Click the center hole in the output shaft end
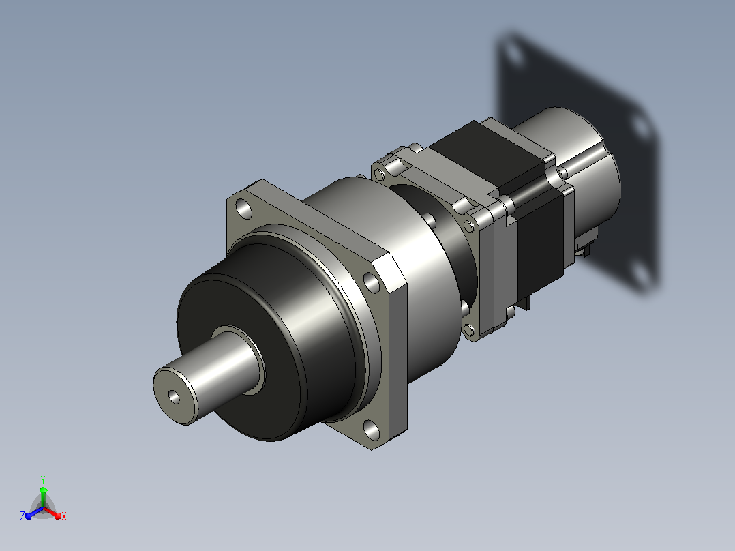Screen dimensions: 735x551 click(175, 397)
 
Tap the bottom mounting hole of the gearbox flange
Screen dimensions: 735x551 click(372, 430)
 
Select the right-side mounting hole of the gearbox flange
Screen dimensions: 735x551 click(372, 283)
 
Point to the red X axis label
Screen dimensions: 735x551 click(64, 516)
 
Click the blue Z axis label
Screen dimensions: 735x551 click(22, 516)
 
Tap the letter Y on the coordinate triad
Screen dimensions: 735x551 click(43, 479)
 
